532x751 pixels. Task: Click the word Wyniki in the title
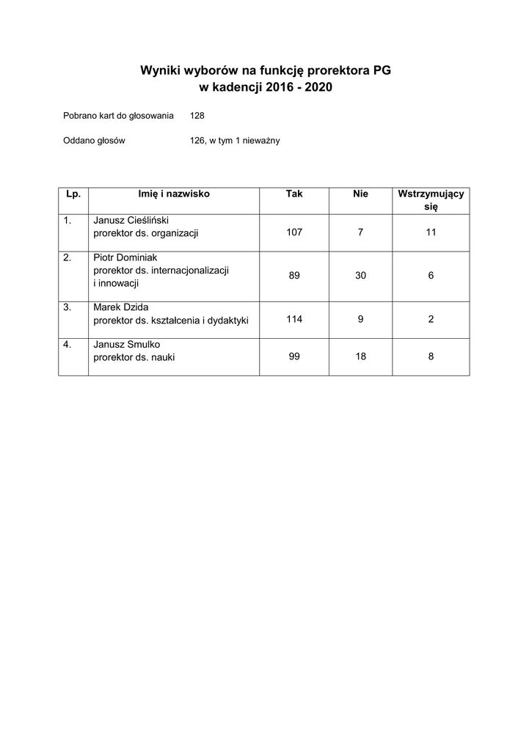(x=159, y=71)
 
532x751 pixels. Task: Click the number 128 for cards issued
(x=197, y=115)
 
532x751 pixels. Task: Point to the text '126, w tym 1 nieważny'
(x=235, y=140)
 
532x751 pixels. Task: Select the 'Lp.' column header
(x=73, y=194)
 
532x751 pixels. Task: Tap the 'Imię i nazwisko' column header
(x=174, y=194)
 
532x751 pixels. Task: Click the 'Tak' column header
(x=294, y=194)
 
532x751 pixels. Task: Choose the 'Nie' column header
(x=360, y=194)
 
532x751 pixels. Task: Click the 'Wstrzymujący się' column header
(x=431, y=200)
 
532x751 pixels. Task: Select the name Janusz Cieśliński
(x=131, y=219)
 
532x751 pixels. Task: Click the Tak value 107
(x=294, y=232)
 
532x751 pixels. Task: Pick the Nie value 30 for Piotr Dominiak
(x=360, y=276)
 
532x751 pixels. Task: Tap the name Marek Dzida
(x=121, y=307)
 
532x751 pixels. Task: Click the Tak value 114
(x=294, y=319)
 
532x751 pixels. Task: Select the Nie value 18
(x=360, y=356)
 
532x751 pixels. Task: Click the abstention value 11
(x=431, y=232)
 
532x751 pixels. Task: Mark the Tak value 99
(x=294, y=356)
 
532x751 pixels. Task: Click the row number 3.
(x=68, y=307)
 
